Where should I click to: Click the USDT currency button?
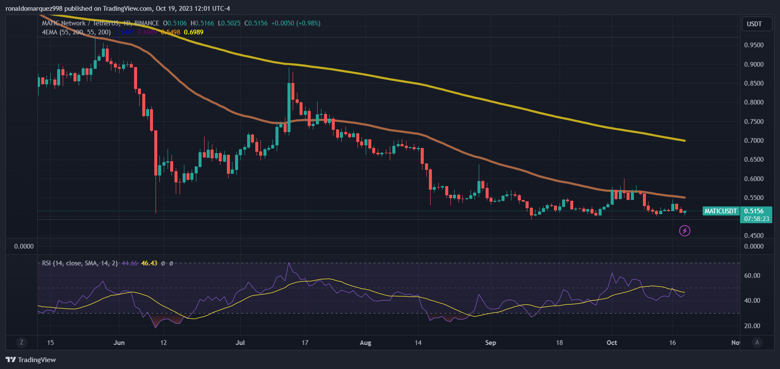pyautogui.click(x=754, y=24)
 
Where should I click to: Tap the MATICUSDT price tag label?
pyautogui.click(x=721, y=211)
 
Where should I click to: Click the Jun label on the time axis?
pyautogui.click(x=119, y=343)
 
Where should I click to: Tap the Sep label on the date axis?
pyautogui.click(x=490, y=343)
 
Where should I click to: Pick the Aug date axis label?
pyautogui.click(x=365, y=343)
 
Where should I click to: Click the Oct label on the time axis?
pyautogui.click(x=612, y=343)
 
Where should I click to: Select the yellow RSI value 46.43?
pyautogui.click(x=149, y=263)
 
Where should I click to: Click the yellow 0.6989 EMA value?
pyautogui.click(x=193, y=32)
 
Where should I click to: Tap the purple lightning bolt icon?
pyautogui.click(x=685, y=231)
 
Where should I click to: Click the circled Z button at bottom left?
pyautogui.click(x=21, y=342)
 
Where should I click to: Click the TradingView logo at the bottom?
pyautogui.click(x=31, y=360)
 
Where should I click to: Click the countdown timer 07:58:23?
pyautogui.click(x=756, y=219)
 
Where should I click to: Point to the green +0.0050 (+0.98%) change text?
pyautogui.click(x=296, y=23)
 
